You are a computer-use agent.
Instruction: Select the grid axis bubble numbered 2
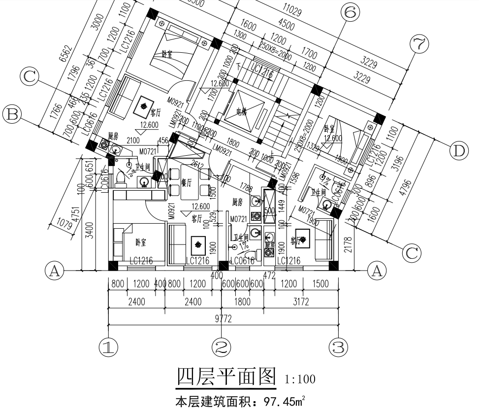click(222, 347)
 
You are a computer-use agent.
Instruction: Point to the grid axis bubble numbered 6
click(349, 13)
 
